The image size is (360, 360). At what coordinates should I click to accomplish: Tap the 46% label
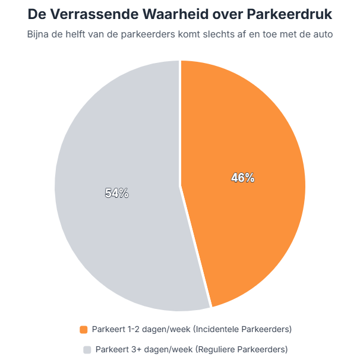tap(243, 178)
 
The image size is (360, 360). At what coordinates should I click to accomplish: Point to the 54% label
tap(117, 193)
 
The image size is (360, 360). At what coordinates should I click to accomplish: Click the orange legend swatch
tap(84, 329)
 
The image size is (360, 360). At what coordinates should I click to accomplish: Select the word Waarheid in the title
tap(173, 13)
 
